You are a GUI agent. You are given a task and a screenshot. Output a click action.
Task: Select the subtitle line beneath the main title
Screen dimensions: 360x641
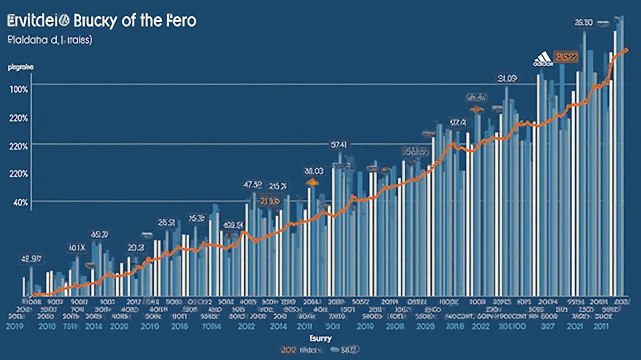[x=49, y=41]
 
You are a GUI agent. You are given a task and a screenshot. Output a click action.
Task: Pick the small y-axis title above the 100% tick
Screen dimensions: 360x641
[x=21, y=67]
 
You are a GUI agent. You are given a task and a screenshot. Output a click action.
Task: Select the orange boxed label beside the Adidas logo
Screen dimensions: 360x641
[x=566, y=57]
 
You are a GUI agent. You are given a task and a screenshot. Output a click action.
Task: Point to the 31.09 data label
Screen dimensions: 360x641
[x=507, y=79]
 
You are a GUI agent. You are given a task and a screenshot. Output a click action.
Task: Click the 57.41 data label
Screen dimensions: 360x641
[x=338, y=145]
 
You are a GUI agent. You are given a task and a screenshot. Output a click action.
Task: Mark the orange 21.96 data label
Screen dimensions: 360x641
[x=269, y=202]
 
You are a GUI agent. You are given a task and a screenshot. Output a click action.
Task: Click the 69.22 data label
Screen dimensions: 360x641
[x=99, y=234]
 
